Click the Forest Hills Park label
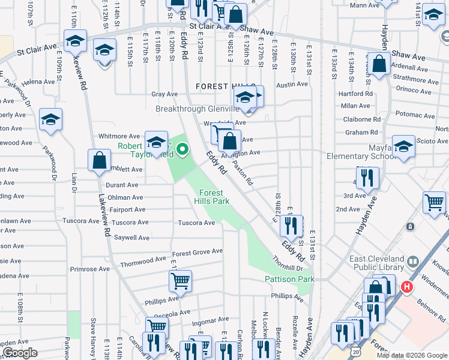[212, 197]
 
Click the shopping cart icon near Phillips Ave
[181, 280]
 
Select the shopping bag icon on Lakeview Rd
[99, 161]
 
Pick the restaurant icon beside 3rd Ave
[367, 178]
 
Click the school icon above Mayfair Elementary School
[403, 146]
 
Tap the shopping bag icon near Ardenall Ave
[379, 64]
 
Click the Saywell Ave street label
[131, 238]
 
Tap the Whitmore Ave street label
[119, 136]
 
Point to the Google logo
[19, 353]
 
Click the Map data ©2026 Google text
[411, 355]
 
